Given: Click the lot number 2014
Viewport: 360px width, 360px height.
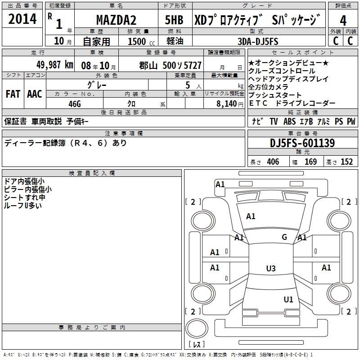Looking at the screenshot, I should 22,19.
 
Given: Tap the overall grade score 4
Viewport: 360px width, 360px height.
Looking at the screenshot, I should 343,20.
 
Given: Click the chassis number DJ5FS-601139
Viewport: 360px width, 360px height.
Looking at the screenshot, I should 302,144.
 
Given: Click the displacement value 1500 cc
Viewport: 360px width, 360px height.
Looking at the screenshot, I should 141,41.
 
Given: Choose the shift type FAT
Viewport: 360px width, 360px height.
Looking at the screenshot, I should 13,94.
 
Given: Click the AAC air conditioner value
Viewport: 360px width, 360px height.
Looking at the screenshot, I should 35,94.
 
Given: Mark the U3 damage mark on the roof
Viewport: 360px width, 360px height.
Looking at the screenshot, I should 270,269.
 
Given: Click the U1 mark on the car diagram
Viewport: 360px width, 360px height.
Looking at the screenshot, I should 288,299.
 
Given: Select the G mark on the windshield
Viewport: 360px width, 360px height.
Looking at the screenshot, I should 284,237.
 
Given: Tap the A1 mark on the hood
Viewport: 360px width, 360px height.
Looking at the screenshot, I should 251,216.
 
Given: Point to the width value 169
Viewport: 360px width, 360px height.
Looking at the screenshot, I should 311,162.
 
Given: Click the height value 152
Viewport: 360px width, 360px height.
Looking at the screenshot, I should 346,162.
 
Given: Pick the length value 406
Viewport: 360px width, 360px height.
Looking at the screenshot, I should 273,162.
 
